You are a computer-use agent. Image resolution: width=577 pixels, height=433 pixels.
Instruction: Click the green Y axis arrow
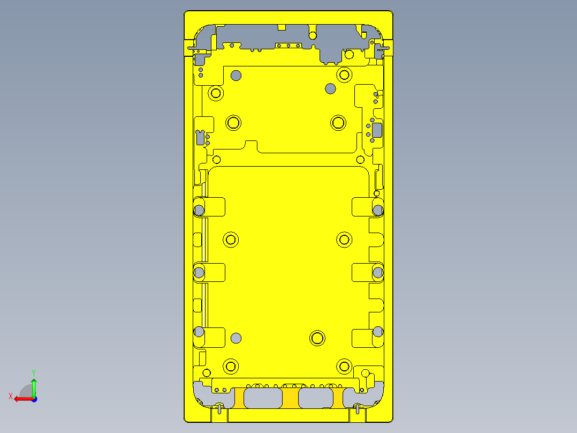coord(34,385)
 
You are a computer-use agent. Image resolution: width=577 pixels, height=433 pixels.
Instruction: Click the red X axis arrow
coord(21,399)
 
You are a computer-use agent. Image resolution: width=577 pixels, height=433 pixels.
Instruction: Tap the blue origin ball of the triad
coord(34,399)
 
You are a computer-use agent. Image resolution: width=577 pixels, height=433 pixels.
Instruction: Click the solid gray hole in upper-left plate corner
coord(236,75)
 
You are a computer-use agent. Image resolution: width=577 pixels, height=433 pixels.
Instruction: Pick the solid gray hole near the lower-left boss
coord(236,338)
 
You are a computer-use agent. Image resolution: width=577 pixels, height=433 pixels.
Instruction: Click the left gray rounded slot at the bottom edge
coord(263,398)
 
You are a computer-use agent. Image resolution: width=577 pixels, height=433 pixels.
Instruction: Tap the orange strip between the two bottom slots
coord(290,398)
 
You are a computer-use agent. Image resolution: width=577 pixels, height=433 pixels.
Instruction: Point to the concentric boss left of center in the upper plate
coord(233,123)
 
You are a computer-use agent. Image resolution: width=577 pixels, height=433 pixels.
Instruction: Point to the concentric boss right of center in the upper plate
coord(338,123)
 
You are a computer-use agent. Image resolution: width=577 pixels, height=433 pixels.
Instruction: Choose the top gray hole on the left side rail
coord(199,208)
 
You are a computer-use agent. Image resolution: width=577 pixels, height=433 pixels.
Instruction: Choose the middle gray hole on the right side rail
coord(378,273)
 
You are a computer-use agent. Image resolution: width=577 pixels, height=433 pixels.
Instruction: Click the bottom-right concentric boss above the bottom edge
coord(344,367)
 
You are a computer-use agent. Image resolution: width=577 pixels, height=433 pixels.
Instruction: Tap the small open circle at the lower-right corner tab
coord(366,374)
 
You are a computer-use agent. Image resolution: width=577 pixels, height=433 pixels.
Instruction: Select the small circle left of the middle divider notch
coord(217,159)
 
